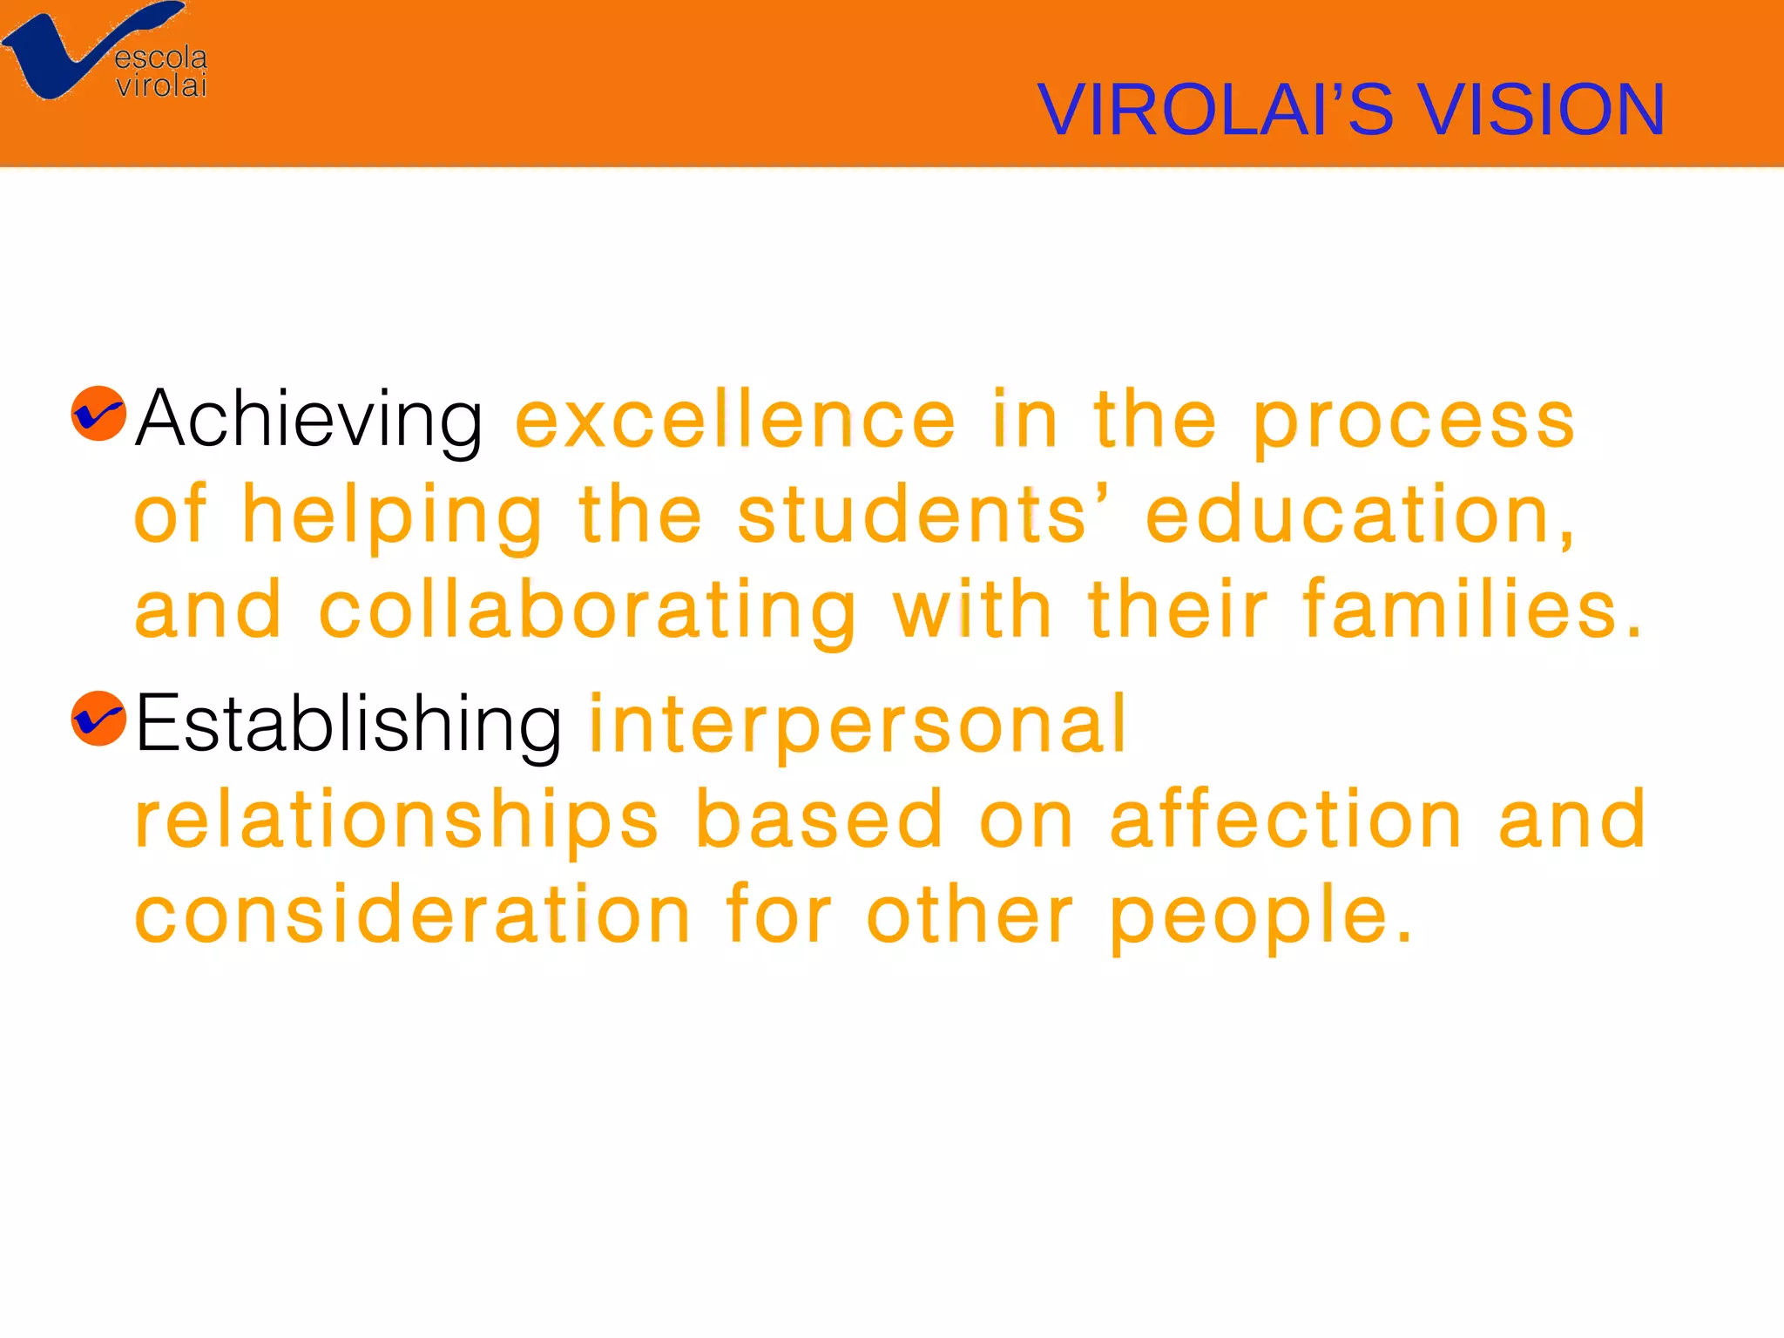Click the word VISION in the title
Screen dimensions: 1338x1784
pos(1542,110)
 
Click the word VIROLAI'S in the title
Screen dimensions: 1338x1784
pos(1215,110)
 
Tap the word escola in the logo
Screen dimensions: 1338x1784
pos(160,57)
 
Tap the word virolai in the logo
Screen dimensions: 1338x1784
pos(161,85)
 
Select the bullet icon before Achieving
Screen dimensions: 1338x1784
pos(98,414)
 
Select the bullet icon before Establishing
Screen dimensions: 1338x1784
pos(98,719)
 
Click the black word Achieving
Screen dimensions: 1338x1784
pos(308,420)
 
